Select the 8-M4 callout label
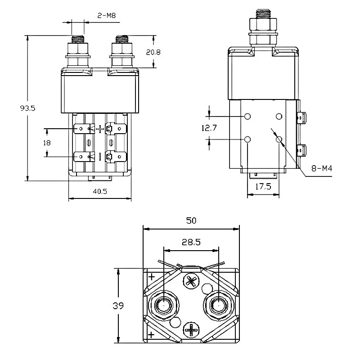click(x=322, y=170)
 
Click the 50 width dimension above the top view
click(x=190, y=220)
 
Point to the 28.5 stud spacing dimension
click(x=191, y=242)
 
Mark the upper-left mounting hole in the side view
click(x=247, y=117)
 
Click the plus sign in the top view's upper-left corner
click(x=152, y=276)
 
